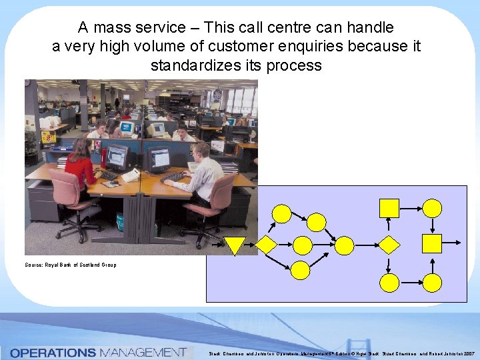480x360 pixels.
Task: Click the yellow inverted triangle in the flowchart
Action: coord(234,245)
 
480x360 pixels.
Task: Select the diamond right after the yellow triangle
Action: coord(266,245)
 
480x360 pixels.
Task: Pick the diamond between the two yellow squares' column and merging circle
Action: coord(388,245)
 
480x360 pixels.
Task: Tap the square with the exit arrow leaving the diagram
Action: coord(433,243)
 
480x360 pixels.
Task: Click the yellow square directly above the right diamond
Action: coord(388,208)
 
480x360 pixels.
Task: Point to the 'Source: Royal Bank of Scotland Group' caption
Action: coord(71,265)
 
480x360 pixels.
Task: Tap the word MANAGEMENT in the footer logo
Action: coord(142,352)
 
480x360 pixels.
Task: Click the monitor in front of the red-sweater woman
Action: coord(116,157)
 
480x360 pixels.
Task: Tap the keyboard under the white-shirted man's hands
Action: coord(174,177)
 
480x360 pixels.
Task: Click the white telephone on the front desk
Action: coord(131,175)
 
